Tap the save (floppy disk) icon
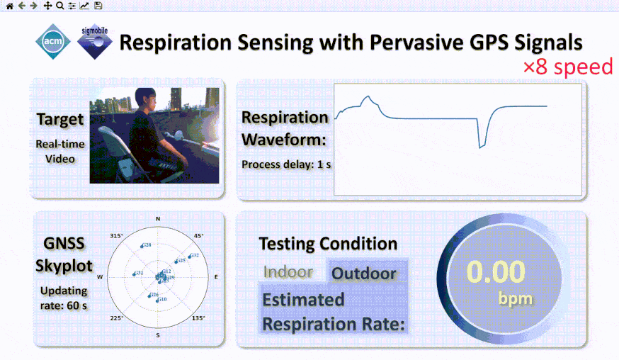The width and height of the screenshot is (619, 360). [x=98, y=6]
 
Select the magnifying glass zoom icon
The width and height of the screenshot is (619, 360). [x=59, y=6]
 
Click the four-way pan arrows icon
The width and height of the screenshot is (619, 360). [x=47, y=6]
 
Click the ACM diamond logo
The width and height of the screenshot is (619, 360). [x=52, y=43]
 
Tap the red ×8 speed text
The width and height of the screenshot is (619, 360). [x=567, y=67]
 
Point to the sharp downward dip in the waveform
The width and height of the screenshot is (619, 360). [x=480, y=146]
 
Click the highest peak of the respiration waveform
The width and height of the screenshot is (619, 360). [x=366, y=97]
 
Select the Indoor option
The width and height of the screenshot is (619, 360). [x=288, y=272]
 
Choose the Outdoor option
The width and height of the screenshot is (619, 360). [x=365, y=273]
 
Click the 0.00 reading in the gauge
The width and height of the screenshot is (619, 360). [x=496, y=272]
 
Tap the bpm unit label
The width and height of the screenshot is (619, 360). [x=516, y=298]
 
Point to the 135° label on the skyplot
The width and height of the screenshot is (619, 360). [x=199, y=319]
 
